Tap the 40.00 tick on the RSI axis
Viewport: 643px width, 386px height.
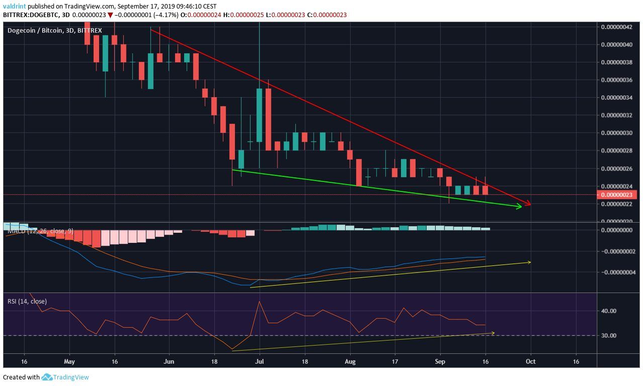609,311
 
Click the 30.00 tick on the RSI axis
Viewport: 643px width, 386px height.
609,336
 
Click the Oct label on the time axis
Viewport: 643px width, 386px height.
530,361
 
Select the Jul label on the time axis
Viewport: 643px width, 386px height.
259,361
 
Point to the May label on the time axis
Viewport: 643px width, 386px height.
69,361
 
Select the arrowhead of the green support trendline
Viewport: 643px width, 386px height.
519,206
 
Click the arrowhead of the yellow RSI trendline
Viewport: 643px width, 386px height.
493,332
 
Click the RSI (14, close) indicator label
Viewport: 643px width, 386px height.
27,302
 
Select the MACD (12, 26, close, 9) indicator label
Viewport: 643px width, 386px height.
41,231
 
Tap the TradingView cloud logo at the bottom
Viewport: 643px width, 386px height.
47,377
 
